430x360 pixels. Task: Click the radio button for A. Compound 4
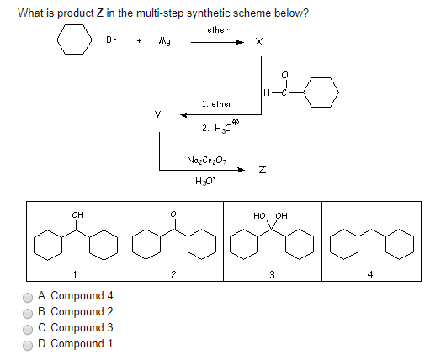point(28,296)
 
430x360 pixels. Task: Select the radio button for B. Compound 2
point(28,312)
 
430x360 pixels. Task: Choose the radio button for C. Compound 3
point(28,328)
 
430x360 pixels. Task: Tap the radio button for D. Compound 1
point(28,344)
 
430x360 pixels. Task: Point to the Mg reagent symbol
point(163,41)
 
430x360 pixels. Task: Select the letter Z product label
point(263,170)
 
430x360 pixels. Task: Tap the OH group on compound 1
point(77,215)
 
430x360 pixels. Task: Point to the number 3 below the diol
point(272,273)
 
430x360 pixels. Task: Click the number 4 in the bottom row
point(370,273)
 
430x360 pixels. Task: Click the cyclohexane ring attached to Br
point(75,40)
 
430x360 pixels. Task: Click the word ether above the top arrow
point(217,29)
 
